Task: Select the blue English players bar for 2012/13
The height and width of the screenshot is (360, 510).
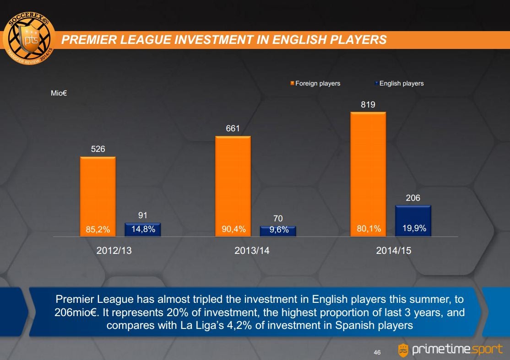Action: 143,230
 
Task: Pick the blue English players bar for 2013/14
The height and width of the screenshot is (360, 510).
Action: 278,231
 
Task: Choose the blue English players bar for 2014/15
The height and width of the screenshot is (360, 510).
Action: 413,220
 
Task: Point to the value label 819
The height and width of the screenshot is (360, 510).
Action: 368,105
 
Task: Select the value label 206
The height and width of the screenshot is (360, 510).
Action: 413,198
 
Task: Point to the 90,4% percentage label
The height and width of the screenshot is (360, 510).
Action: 233,230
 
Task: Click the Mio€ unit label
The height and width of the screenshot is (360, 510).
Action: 59,93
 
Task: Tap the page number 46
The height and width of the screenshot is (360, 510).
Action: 377,352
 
